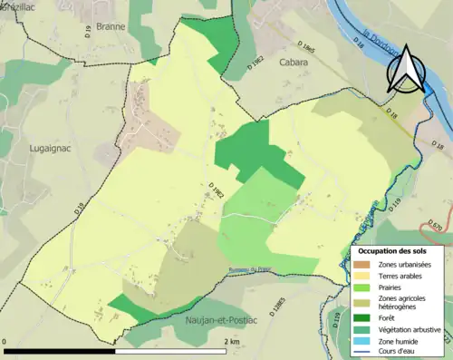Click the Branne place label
click(110, 27)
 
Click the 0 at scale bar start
click(7, 342)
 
